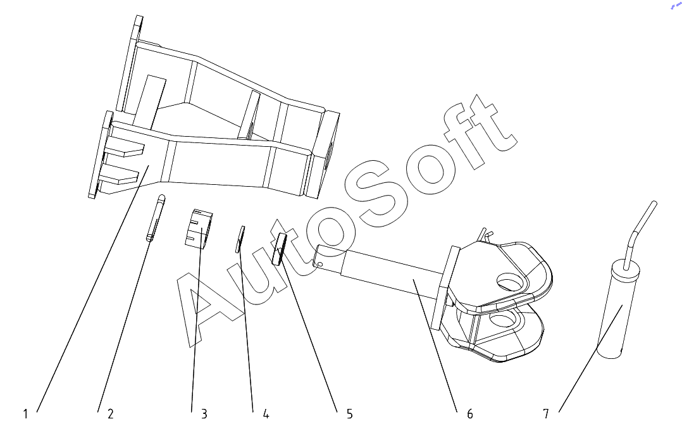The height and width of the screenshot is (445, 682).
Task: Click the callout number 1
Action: pos(25,414)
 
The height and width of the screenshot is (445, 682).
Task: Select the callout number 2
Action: pos(111,414)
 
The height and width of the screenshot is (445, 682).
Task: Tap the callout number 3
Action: pos(204,414)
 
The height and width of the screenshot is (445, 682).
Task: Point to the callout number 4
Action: pos(266,414)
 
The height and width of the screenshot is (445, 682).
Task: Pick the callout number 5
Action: pos(349,414)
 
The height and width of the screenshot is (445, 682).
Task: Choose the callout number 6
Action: pos(469,414)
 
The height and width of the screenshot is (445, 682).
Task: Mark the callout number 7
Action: pos(545,414)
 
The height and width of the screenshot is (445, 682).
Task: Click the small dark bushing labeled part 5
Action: pos(280,248)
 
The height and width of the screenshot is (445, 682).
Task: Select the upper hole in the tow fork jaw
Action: pos(511,280)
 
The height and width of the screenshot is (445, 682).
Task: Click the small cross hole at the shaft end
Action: pos(320,264)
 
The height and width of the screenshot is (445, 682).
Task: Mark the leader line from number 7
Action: pos(588,361)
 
